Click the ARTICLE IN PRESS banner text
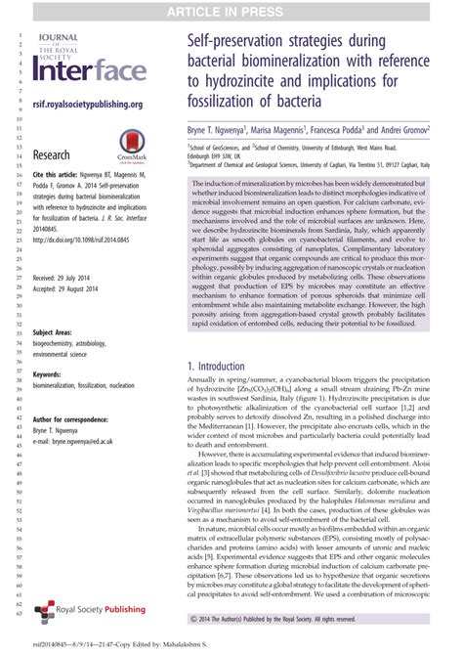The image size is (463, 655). tap(231, 11)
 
